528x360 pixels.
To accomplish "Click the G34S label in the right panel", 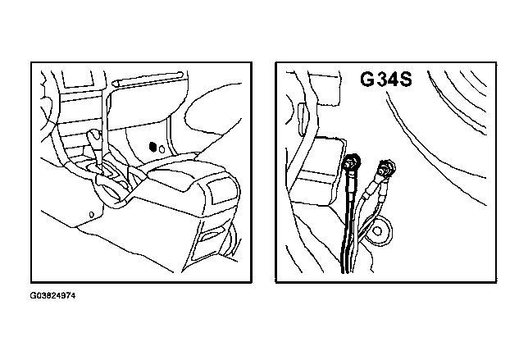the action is click(x=386, y=80).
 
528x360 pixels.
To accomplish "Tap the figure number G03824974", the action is click(x=52, y=296).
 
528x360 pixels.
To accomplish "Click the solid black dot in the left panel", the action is click(x=152, y=147).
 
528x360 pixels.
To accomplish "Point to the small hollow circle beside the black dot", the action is click(x=162, y=149).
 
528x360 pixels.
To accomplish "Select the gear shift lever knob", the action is click(x=94, y=135).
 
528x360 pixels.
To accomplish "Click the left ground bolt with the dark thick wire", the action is click(x=351, y=162).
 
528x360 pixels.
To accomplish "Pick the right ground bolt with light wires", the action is click(x=387, y=167).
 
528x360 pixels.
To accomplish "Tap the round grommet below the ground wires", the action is click(x=379, y=230).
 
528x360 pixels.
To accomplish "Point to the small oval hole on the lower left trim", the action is click(x=91, y=214).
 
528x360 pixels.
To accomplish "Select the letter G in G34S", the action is click(x=366, y=80).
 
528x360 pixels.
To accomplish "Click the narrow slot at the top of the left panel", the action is click(x=148, y=80).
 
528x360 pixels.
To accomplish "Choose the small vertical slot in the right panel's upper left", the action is click(x=303, y=119).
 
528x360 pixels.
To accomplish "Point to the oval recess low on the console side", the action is click(x=211, y=235).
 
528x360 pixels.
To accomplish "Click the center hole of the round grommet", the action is click(x=378, y=230).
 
